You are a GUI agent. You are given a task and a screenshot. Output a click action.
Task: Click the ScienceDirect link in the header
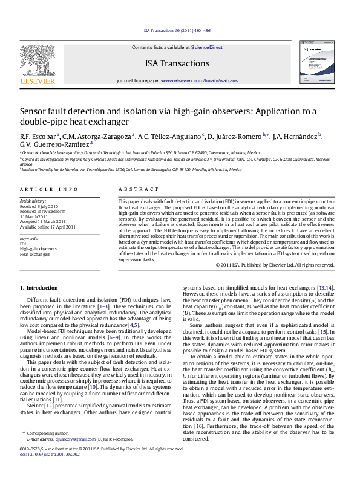207,47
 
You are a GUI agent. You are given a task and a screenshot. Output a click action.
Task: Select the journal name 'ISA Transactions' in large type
177,63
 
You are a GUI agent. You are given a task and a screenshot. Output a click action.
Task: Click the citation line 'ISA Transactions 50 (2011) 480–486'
177,30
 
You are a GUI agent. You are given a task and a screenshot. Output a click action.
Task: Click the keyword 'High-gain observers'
39,248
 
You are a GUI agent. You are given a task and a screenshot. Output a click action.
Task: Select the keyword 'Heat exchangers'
35,254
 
